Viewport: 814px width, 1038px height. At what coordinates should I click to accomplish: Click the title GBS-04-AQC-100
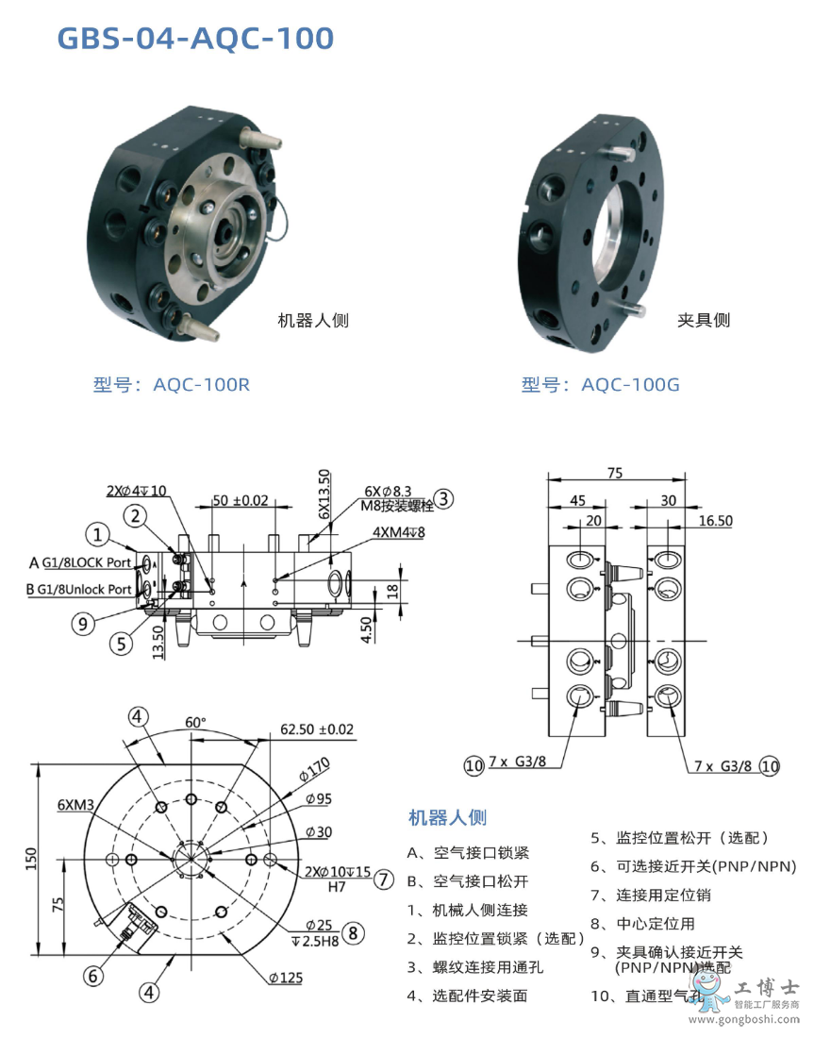point(195,39)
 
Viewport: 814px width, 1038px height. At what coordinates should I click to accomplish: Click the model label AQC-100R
point(172,384)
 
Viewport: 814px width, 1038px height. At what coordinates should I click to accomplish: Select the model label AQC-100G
point(600,384)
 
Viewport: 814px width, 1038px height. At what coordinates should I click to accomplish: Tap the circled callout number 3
point(444,499)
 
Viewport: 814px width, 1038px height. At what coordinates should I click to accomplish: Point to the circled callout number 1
point(97,535)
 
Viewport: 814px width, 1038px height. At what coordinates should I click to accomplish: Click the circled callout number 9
point(86,623)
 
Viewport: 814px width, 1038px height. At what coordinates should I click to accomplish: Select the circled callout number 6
point(92,977)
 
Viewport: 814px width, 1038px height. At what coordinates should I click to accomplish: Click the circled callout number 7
point(383,879)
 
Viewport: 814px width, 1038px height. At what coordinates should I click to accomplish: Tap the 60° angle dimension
point(195,722)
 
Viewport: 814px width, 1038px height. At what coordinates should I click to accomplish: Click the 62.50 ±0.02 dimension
point(317,728)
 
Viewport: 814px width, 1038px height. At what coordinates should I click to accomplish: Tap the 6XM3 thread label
point(75,805)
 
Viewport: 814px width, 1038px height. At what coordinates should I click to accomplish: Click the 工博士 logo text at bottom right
point(765,988)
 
